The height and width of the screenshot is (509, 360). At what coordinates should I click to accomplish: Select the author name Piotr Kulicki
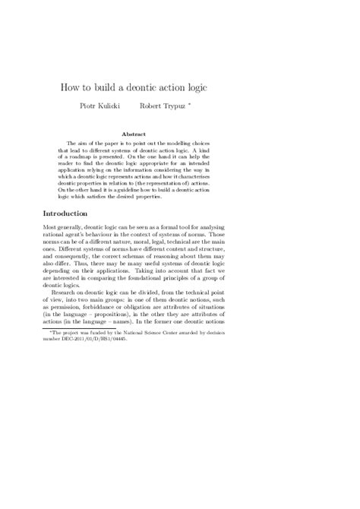tap(122, 107)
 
